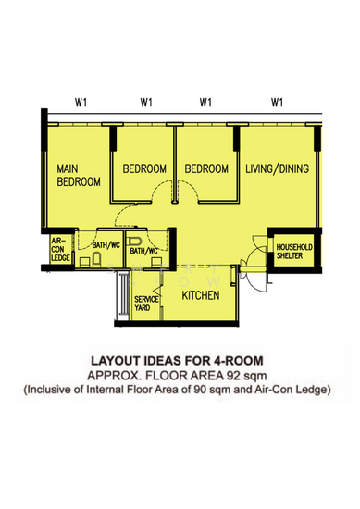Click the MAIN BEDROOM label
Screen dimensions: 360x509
79,175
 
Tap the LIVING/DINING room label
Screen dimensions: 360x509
278,168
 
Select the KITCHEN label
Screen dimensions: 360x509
201,295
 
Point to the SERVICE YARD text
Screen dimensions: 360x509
146,304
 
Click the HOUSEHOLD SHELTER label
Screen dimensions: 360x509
294,252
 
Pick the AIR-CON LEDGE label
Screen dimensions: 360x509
60,249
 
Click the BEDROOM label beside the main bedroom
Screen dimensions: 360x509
144,168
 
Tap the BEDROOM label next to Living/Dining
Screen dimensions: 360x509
206,168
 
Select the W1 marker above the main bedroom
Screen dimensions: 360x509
81,103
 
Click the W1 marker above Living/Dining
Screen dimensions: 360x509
277,103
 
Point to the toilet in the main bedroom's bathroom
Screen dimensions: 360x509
96,260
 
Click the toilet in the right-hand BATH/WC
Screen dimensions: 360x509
134,242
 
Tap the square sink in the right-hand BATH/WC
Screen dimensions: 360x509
156,262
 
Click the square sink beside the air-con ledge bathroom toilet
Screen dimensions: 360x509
85,262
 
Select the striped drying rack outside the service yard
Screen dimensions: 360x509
124,294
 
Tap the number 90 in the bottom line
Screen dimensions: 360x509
200,390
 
